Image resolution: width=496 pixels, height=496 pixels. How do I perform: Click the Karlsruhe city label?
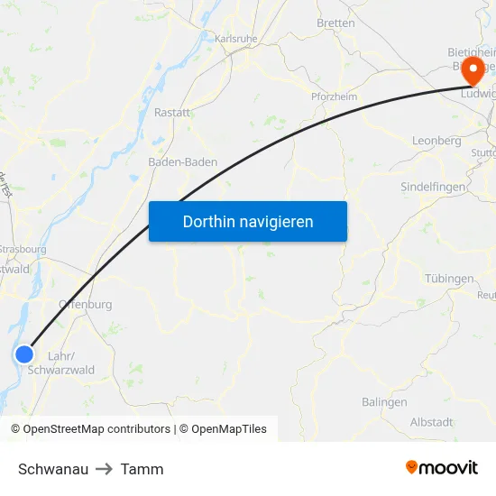(236, 39)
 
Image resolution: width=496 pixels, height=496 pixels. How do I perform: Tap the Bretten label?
(335, 23)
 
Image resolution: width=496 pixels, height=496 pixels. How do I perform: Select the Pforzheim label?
(334, 96)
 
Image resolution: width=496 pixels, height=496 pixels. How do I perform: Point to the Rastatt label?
(172, 113)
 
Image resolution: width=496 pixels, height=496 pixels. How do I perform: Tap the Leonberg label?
(436, 141)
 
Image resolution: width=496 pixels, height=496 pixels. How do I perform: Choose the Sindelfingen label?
(433, 187)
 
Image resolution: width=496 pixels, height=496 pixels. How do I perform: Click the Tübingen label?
(449, 279)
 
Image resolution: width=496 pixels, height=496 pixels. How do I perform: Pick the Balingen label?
(384, 402)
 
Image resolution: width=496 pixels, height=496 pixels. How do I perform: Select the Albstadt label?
(432, 422)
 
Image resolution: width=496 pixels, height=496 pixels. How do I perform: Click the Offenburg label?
(86, 305)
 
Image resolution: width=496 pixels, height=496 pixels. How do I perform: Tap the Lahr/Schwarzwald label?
(61, 363)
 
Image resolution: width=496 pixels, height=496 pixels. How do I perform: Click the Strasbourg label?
(23, 249)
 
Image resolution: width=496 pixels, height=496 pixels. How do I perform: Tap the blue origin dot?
(24, 354)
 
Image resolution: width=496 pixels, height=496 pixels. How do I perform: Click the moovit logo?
(442, 468)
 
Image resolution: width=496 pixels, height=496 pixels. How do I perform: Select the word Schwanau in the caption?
(53, 469)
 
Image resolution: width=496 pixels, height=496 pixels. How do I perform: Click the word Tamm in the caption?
(142, 469)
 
